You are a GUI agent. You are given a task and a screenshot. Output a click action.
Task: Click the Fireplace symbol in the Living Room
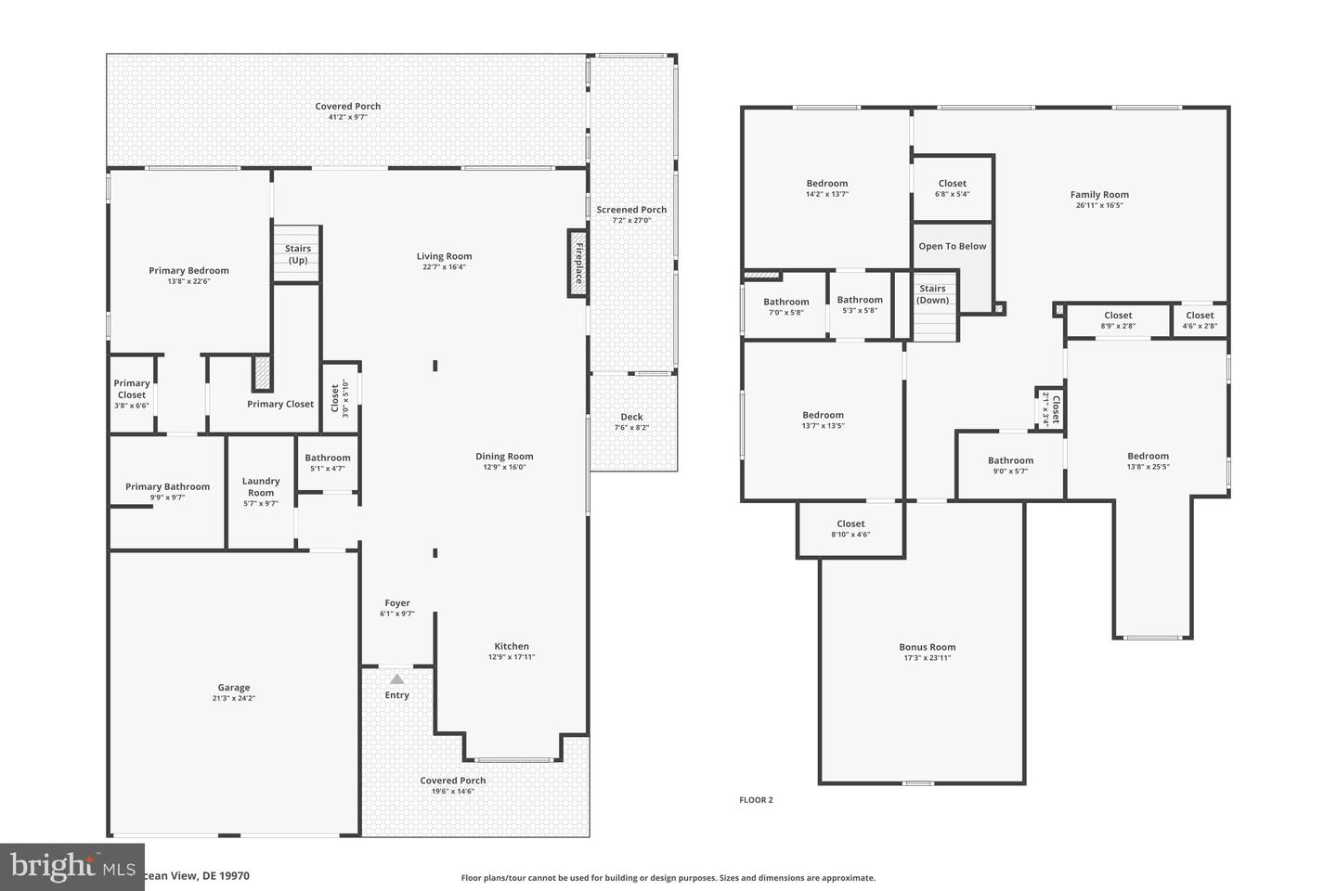pyautogui.click(x=578, y=264)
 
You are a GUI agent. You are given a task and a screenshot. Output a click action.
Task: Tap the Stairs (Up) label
pyautogui.click(x=298, y=254)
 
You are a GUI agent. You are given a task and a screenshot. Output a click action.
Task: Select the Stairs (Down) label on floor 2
pyautogui.click(x=932, y=294)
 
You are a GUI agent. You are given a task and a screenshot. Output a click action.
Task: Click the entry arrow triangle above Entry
pyautogui.click(x=397, y=678)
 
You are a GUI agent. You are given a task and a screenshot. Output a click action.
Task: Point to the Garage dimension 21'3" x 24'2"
pyautogui.click(x=234, y=698)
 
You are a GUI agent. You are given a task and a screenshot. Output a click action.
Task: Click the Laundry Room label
pyautogui.click(x=261, y=486)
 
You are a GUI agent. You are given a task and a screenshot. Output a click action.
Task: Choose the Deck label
pyautogui.click(x=631, y=417)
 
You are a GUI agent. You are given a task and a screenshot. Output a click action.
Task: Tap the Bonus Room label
pyautogui.click(x=927, y=647)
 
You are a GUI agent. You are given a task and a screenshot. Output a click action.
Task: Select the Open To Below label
pyautogui.click(x=952, y=246)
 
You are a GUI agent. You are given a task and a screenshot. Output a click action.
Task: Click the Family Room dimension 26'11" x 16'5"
pyautogui.click(x=1099, y=205)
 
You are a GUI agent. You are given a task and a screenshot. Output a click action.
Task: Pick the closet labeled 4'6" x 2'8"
pyautogui.click(x=1200, y=320)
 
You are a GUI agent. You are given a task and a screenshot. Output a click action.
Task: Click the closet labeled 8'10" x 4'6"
pyautogui.click(x=850, y=529)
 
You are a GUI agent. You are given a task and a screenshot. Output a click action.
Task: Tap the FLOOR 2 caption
pyautogui.click(x=756, y=800)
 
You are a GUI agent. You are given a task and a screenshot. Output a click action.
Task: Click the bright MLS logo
pyautogui.click(x=71, y=867)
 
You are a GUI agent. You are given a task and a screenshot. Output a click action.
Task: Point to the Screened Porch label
pyautogui.click(x=631, y=210)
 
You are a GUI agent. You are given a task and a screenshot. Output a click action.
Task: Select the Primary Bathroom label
pyautogui.click(x=167, y=486)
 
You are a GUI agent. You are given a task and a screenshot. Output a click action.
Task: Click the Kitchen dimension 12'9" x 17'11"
pyautogui.click(x=512, y=657)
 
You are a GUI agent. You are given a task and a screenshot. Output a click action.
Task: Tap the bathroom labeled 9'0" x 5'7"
pyautogui.click(x=1010, y=465)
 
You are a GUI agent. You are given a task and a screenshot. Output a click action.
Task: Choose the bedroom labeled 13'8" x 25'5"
pyautogui.click(x=1148, y=460)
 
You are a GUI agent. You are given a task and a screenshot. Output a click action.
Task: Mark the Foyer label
pyautogui.click(x=397, y=603)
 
